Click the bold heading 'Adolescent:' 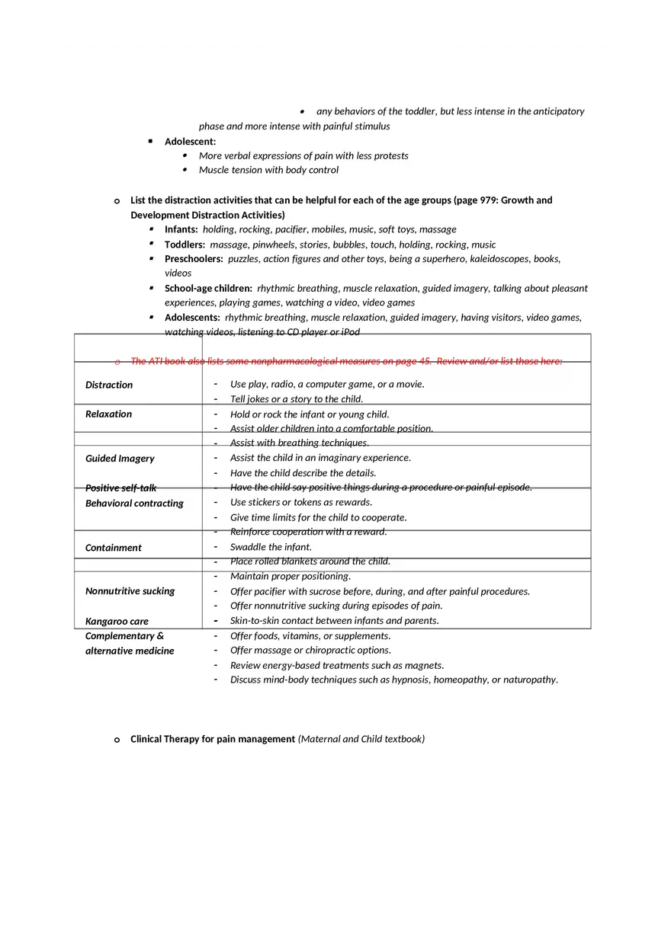pos(190,142)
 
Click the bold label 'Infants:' pos(181,229)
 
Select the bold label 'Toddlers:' pos(185,245)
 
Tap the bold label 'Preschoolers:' pos(194,259)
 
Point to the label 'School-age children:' pos(208,289)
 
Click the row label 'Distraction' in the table pos(109,385)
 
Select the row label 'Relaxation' pos(108,414)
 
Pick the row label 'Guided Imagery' pos(120,459)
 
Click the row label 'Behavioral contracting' pos(134,504)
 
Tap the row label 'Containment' pos(114,548)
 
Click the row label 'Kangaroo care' pos(117,622)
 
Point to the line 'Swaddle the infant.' pos(271,547)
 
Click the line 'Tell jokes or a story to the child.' pos(297,399)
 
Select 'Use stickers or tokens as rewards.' pos(301,503)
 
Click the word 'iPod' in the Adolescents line pos(350,332)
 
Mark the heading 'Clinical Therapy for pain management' pos(213,739)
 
